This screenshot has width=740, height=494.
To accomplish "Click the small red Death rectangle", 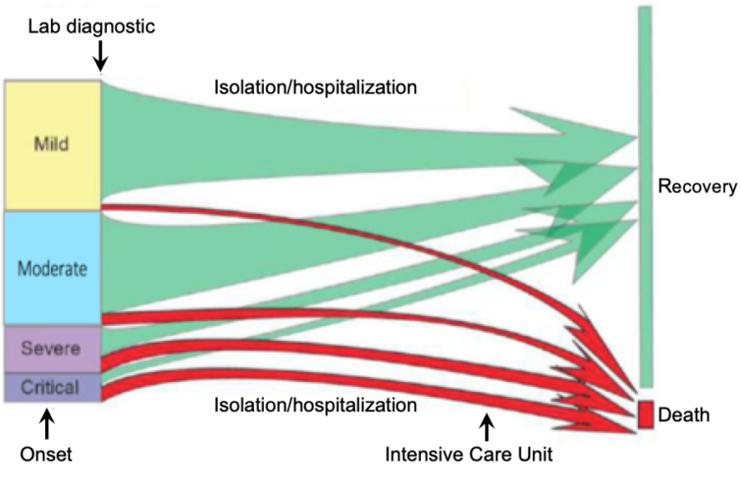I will click(x=646, y=413).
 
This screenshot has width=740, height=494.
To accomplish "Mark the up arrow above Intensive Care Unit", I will click(x=486, y=425).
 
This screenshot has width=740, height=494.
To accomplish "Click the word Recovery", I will click(x=697, y=188).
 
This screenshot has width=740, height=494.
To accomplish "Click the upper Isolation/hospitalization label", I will click(x=316, y=86).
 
